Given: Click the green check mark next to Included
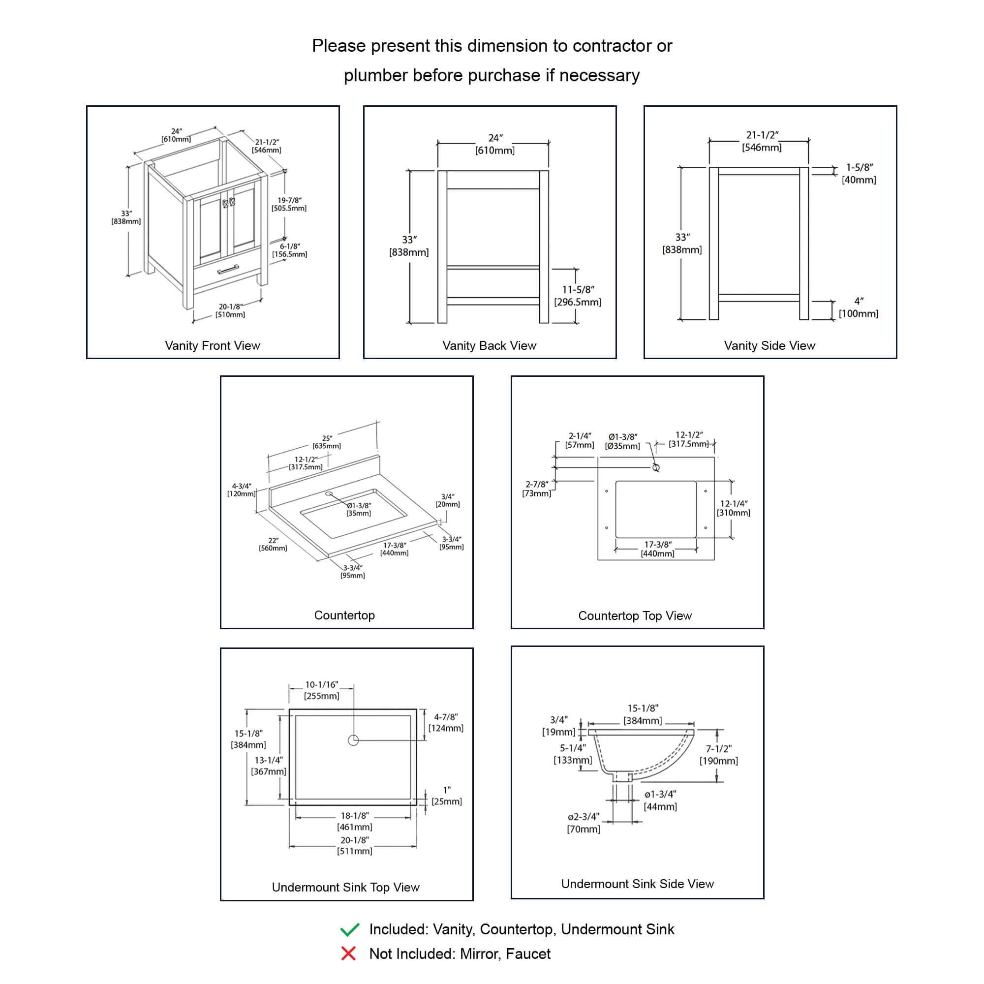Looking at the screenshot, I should tap(350, 929).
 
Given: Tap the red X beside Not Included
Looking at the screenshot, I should tap(348, 953).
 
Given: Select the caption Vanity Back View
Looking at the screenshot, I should tap(489, 345).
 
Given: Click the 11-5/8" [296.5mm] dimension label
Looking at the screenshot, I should tap(578, 296).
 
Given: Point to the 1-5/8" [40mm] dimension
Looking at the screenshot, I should tap(859, 174).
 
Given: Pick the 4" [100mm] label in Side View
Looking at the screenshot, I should tap(859, 307).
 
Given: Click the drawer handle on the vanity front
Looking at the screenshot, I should tap(228, 270).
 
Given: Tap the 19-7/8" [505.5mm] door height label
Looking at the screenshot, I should tap(289, 204).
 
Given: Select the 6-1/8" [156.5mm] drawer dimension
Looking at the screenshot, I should tap(290, 250).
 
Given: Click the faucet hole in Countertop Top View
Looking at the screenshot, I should tap(656, 467).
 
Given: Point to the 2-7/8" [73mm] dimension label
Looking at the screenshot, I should tap(537, 489).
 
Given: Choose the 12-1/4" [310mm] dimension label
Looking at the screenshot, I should tap(734, 508).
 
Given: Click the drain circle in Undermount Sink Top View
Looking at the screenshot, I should tap(353, 740).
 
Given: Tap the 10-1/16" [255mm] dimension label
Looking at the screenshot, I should tap(321, 690).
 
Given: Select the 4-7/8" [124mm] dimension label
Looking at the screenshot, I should tap(446, 723).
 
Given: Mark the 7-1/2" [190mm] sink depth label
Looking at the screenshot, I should tap(719, 755).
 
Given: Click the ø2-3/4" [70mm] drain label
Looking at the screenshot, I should tap(584, 823).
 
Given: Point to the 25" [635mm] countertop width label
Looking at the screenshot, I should tap(327, 442).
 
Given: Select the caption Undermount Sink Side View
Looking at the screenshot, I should tap(637, 884).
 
